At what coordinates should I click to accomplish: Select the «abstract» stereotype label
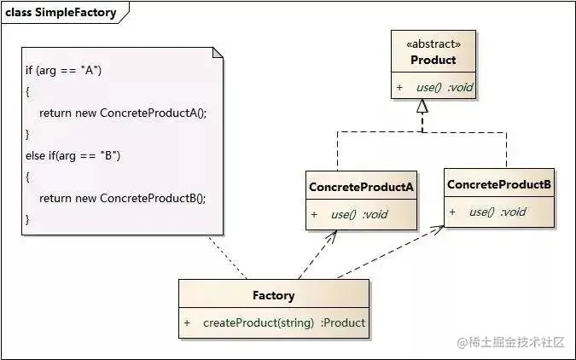(x=433, y=44)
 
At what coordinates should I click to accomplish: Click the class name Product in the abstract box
(x=433, y=60)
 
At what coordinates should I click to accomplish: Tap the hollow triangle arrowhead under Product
(x=422, y=107)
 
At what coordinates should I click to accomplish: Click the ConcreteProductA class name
(x=361, y=187)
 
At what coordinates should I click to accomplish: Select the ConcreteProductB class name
(x=498, y=184)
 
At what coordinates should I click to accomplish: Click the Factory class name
(x=274, y=295)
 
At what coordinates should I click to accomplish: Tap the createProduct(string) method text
(x=259, y=322)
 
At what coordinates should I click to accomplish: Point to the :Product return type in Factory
(x=343, y=322)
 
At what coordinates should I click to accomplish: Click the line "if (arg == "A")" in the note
(x=63, y=70)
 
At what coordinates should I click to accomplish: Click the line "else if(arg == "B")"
(x=73, y=154)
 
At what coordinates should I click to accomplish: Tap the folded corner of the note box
(x=217, y=53)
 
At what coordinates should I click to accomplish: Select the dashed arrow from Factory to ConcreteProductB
(x=388, y=253)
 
